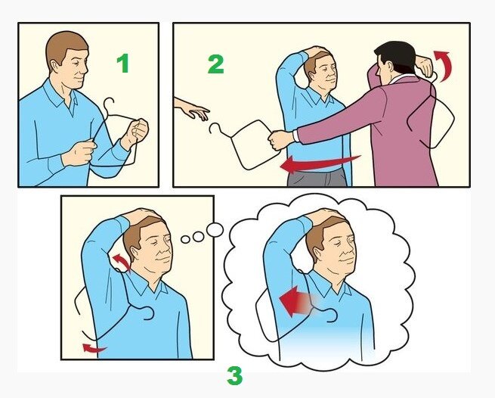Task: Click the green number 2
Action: click(216, 64)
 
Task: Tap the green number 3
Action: click(235, 375)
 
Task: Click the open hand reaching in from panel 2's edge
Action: click(192, 109)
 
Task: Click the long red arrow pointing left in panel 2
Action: click(320, 163)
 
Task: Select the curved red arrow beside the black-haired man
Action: click(444, 65)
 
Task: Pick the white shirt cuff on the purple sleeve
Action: click(295, 135)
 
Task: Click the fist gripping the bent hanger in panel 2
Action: click(280, 140)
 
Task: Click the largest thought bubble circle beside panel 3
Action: click(215, 230)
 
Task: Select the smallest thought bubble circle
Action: click(185, 239)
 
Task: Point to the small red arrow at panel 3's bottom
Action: click(94, 348)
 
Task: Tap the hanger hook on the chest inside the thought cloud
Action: click(331, 315)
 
